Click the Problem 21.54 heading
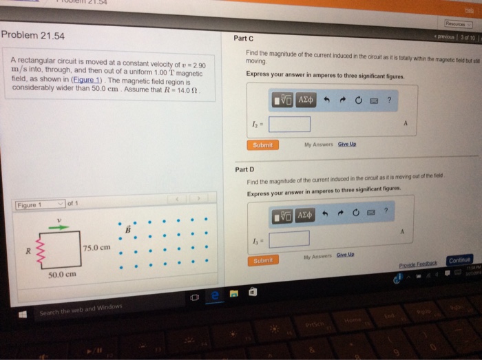click(33, 36)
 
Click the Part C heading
click(244, 39)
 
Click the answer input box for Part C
click(289, 124)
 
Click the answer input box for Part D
click(289, 238)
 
